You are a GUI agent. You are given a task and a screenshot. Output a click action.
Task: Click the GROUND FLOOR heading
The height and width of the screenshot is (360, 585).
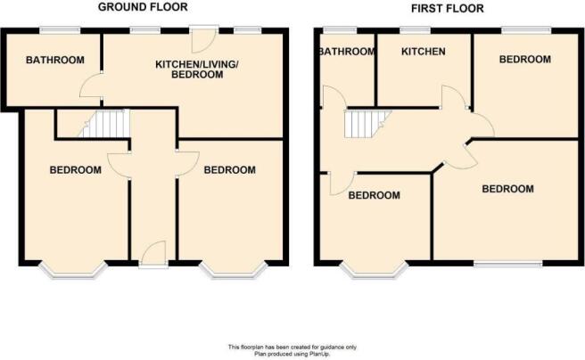point(143,7)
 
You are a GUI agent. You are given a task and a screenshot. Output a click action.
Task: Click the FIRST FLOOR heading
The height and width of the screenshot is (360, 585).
point(448,8)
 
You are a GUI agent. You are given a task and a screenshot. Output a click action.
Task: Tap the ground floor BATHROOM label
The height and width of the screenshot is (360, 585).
point(55,60)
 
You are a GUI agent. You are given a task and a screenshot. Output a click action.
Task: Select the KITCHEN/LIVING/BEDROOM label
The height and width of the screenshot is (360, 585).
point(196,70)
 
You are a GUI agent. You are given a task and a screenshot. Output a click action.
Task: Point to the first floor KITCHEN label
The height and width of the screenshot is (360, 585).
point(423,51)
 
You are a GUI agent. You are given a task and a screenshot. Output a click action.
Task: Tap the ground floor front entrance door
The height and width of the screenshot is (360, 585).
point(153,254)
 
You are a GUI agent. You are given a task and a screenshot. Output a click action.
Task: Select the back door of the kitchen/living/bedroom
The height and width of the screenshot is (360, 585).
point(203,39)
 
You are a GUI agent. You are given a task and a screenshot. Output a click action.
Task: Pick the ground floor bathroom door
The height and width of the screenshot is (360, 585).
point(91,86)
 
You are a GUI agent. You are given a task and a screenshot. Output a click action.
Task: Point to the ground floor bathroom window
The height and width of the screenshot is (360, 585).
point(61,30)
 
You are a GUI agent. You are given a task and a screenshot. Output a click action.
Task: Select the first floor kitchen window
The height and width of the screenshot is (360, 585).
point(415,30)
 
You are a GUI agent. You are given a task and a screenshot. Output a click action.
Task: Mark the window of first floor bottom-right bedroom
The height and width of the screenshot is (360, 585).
point(508,264)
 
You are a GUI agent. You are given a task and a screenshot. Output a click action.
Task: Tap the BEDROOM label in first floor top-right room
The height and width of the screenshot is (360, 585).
point(525,59)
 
